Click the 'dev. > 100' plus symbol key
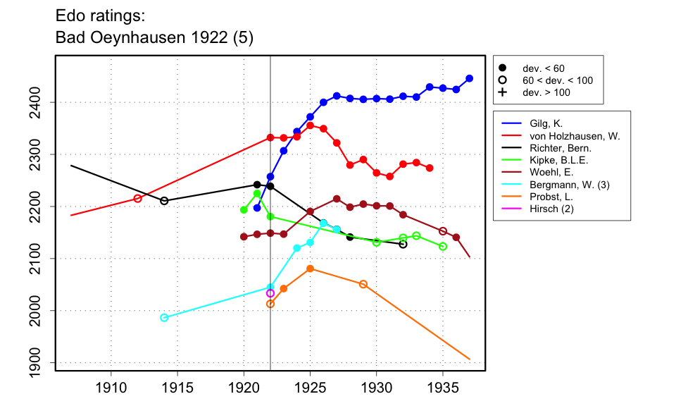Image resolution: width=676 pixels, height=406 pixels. click(503, 92)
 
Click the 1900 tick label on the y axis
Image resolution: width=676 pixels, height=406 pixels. click(39, 363)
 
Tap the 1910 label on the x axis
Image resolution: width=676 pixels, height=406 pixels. click(111, 387)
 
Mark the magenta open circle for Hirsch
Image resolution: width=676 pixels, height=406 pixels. click(270, 293)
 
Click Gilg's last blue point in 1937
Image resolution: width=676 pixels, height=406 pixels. click(470, 78)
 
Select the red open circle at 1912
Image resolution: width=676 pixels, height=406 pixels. click(137, 199)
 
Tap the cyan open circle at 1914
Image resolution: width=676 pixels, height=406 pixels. click(164, 318)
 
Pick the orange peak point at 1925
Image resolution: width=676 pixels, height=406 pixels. click(310, 269)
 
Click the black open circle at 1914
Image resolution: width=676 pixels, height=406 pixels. click(164, 201)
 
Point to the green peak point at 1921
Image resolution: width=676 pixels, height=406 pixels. click(257, 193)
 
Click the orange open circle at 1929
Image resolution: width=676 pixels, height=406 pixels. click(363, 284)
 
